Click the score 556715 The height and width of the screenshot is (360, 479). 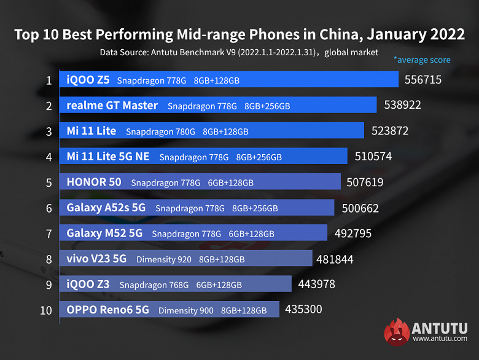pyautogui.click(x=423, y=80)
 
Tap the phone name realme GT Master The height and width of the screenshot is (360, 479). pyautogui.click(x=112, y=106)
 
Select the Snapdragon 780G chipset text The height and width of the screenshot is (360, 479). pyautogui.click(x=160, y=131)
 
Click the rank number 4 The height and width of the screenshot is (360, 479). pyautogui.click(x=49, y=157)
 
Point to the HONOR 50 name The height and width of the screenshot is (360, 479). pyautogui.click(x=94, y=182)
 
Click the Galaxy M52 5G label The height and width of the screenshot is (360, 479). pyautogui.click(x=104, y=233)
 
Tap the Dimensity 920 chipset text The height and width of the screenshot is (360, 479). pyautogui.click(x=164, y=259)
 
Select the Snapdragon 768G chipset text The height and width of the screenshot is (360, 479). pyautogui.click(x=154, y=285)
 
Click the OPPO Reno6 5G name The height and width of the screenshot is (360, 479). pyautogui.click(x=107, y=310)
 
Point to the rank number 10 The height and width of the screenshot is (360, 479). pyautogui.click(x=46, y=310)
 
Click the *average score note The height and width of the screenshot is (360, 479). pyautogui.click(x=422, y=60)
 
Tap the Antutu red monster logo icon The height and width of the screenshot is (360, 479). pyautogui.click(x=397, y=332)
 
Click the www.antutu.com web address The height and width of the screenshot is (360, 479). pyautogui.click(x=439, y=338)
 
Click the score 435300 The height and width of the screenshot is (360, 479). pyautogui.click(x=303, y=309)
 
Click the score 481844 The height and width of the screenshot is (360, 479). pyautogui.click(x=335, y=259)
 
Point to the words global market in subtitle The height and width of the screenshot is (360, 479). pyautogui.click(x=352, y=52)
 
